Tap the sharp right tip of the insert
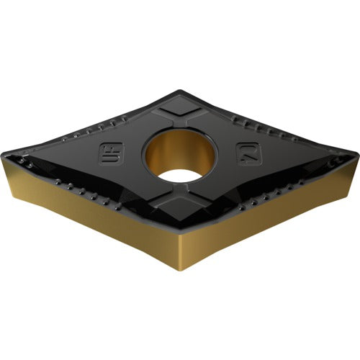(x=355, y=153)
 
